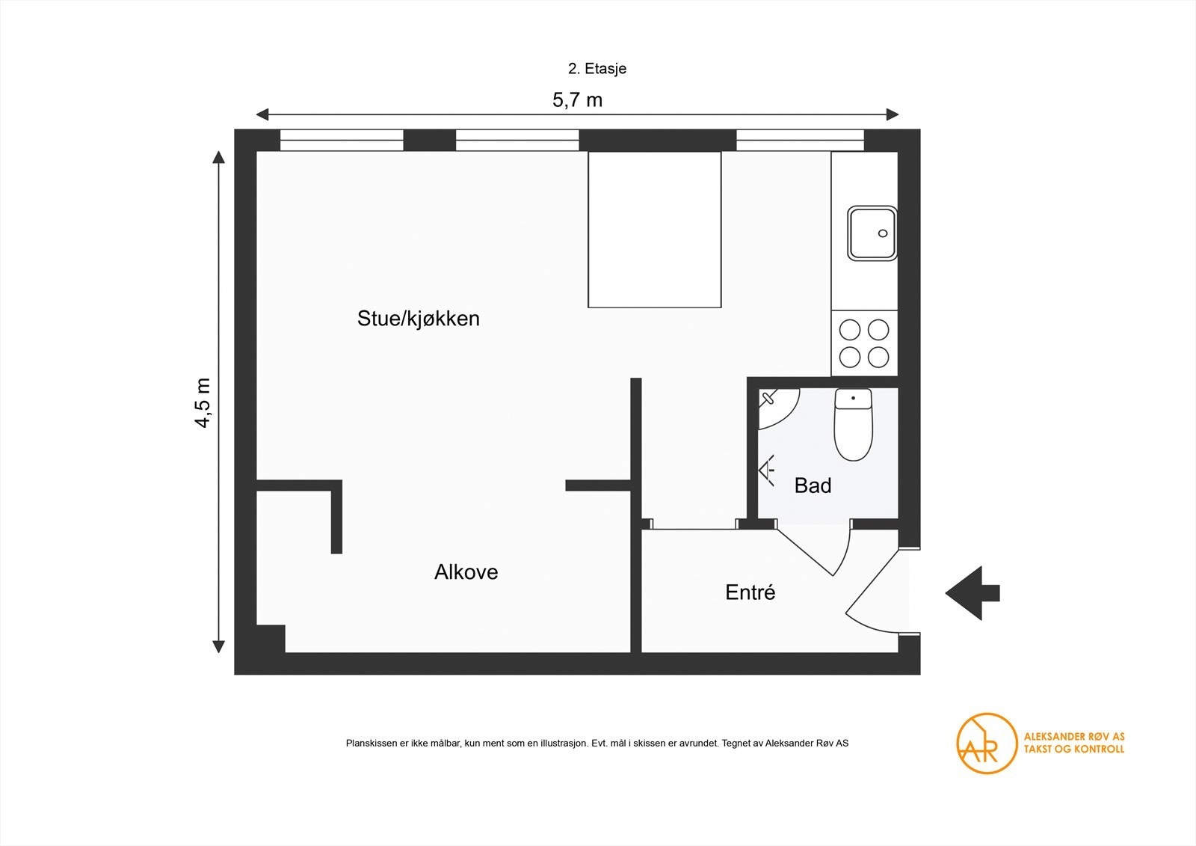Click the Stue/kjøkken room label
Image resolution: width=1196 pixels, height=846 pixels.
tap(418, 319)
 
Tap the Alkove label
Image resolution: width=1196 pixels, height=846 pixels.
tap(466, 572)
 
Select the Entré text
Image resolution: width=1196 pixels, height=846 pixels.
tap(750, 592)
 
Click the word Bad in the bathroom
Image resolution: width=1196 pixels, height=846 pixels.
tap(813, 485)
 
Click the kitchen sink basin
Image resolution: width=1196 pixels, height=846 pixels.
tap(872, 233)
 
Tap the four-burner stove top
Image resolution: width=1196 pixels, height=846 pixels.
tap(864, 343)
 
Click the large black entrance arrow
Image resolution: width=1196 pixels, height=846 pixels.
tap(972, 593)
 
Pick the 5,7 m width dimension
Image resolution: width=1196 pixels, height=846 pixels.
tap(577, 99)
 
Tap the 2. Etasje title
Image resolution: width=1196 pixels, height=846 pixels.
tap(597, 69)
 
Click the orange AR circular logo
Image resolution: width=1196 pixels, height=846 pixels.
tap(987, 743)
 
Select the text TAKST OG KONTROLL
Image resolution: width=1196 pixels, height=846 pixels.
tap(1073, 749)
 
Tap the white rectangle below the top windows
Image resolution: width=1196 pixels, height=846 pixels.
tap(654, 229)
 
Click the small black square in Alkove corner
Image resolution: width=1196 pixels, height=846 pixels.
tap(271, 639)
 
